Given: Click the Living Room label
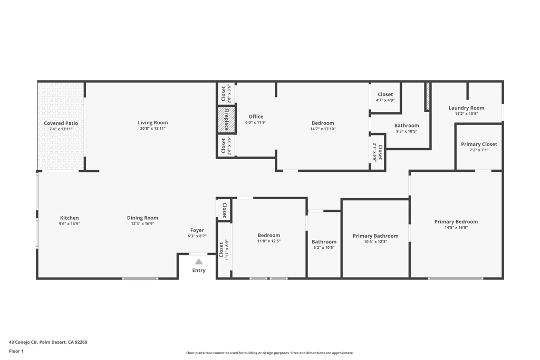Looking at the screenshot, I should [x=152, y=123].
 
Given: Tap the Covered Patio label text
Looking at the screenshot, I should [x=61, y=123].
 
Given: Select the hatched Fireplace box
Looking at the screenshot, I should [x=226, y=120].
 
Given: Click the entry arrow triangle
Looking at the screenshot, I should [x=199, y=261].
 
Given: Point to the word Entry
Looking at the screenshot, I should [x=199, y=270].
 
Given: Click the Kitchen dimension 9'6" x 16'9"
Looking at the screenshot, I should [x=69, y=223].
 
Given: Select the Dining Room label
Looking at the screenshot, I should [x=142, y=218].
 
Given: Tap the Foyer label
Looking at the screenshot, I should [x=197, y=230].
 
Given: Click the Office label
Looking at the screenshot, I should [x=256, y=116].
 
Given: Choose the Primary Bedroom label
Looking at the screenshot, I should [x=456, y=222].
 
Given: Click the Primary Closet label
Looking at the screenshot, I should [x=479, y=144].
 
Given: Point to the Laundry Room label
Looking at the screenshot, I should [x=466, y=108].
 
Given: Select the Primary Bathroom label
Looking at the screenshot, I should [x=375, y=236].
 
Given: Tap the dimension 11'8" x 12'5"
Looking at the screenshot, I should [x=268, y=241].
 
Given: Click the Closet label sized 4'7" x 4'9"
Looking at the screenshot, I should [x=385, y=94].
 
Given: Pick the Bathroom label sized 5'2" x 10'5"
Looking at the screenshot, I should [x=324, y=241].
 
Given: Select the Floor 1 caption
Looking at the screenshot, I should [x=16, y=351].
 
